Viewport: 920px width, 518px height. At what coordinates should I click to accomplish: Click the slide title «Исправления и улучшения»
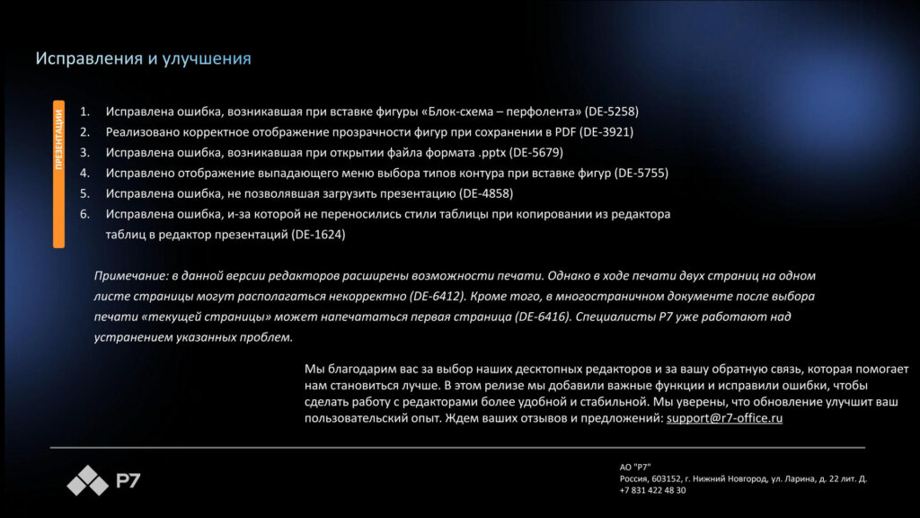pos(143,59)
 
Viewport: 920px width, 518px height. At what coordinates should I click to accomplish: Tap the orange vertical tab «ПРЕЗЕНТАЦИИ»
pos(58,173)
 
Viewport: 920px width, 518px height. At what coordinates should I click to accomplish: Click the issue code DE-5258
pos(612,112)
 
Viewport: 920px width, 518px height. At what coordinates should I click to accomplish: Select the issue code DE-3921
pos(606,132)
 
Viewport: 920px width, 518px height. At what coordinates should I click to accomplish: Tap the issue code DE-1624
pos(319,235)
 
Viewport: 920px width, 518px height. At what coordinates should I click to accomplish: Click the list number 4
pos(85,173)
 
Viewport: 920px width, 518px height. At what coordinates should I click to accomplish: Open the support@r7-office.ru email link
pos(724,418)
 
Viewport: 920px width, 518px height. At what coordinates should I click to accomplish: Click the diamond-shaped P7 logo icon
pos(87,481)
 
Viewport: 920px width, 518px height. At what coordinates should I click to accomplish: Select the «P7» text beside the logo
pos(128,481)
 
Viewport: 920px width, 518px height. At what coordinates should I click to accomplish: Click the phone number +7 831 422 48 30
pos(652,490)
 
